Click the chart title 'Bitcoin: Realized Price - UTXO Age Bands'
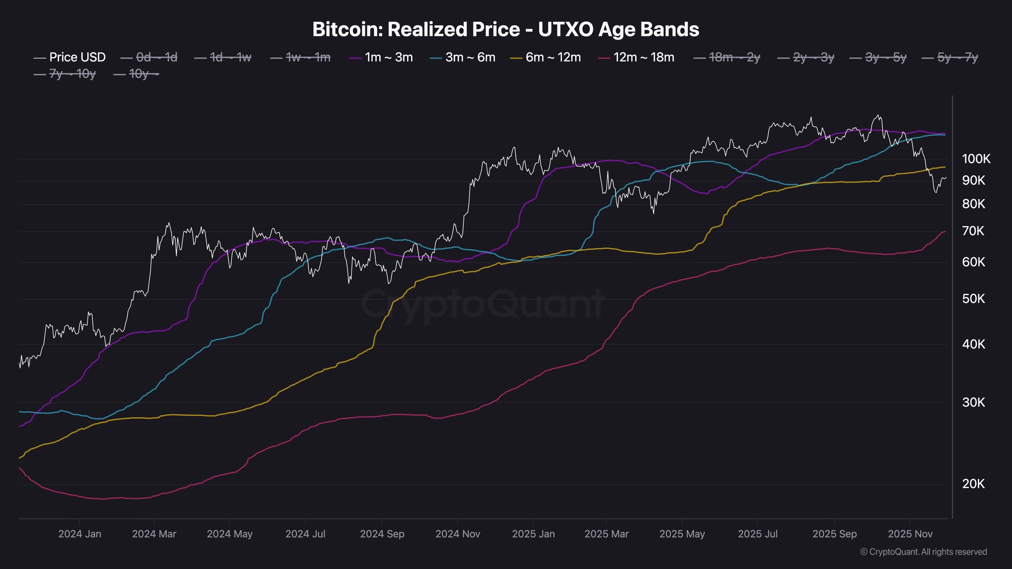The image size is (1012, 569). [x=506, y=30]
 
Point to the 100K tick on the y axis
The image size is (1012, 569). [x=976, y=159]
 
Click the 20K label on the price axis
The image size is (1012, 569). [x=973, y=484]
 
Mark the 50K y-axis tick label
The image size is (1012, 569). [x=973, y=299]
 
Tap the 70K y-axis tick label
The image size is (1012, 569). [x=973, y=231]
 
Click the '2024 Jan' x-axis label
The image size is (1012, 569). [x=79, y=534]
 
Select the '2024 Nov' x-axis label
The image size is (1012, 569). [x=457, y=534]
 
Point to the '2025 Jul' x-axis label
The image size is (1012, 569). [x=757, y=534]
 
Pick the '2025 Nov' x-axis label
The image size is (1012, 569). [x=910, y=534]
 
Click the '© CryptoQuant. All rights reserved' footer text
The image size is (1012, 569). [x=923, y=552]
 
